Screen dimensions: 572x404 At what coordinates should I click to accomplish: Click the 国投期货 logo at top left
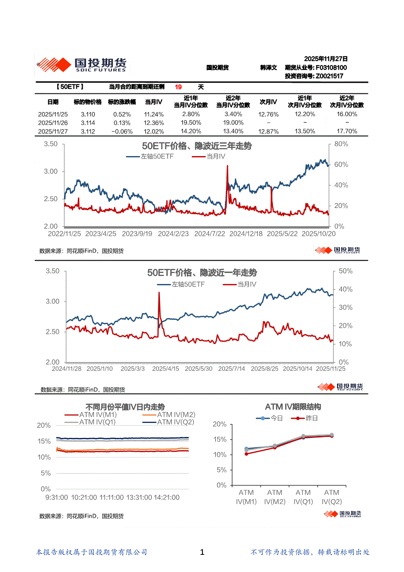pyautogui.click(x=81, y=64)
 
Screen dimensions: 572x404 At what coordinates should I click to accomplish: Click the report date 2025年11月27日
pyautogui.click(x=326, y=58)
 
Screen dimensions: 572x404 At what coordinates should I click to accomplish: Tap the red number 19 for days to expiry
pyautogui.click(x=179, y=87)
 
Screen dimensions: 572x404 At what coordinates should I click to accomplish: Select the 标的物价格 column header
pyautogui.click(x=88, y=102)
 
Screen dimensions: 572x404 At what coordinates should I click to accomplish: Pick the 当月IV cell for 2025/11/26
pyautogui.click(x=154, y=123)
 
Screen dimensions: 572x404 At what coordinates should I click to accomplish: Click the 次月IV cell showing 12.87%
pyautogui.click(x=268, y=132)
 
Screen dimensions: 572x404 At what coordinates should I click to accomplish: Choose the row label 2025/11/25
pyautogui.click(x=53, y=114)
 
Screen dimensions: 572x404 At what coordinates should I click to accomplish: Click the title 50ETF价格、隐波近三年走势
pyautogui.click(x=197, y=146)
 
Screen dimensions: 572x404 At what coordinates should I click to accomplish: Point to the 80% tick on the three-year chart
pyautogui.click(x=341, y=144)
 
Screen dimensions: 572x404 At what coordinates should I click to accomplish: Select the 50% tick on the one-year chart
pyautogui.click(x=346, y=271)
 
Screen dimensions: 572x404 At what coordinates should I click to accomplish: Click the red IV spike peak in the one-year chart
pyautogui.click(x=159, y=293)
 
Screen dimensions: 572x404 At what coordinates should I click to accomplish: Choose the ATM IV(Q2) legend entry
pyautogui.click(x=176, y=422)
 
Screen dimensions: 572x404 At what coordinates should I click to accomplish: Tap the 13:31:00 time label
pyautogui.click(x=139, y=497)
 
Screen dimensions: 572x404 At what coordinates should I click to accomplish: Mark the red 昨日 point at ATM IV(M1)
pyautogui.click(x=247, y=454)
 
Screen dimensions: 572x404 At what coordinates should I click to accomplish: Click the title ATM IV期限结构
pyautogui.click(x=293, y=407)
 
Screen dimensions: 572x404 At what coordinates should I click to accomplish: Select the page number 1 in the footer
pyautogui.click(x=202, y=552)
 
